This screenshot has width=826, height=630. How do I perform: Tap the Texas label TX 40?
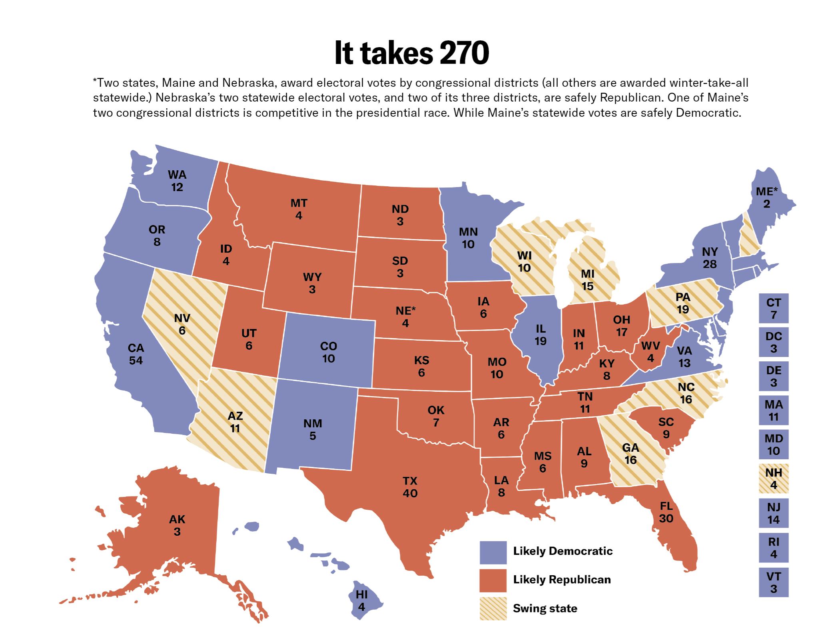click(410, 487)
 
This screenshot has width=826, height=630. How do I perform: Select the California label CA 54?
click(136, 354)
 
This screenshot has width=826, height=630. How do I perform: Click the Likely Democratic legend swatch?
click(493, 552)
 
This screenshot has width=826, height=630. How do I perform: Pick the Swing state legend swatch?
click(493, 608)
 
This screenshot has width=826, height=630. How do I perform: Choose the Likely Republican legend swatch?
click(493, 580)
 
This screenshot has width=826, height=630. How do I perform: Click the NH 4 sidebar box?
click(773, 479)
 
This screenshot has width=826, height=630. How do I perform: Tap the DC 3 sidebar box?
click(773, 342)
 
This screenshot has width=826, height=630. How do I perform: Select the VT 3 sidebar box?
click(773, 582)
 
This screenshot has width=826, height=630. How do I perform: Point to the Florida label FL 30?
click(666, 512)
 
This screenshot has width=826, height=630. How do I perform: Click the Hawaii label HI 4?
click(361, 601)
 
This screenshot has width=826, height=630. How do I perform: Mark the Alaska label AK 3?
click(177, 525)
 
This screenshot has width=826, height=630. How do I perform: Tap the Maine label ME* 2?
click(766, 197)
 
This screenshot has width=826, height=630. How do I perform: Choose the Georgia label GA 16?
click(630, 454)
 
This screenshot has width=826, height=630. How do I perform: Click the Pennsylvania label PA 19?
click(683, 303)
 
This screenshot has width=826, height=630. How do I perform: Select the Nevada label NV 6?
click(182, 324)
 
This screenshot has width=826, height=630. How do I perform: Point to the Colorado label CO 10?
click(328, 352)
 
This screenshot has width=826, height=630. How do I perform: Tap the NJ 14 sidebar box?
click(773, 513)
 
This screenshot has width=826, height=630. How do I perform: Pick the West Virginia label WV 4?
click(650, 351)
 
